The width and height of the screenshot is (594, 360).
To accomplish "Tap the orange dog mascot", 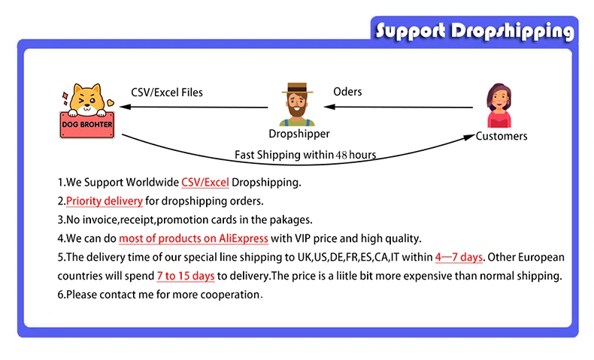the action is point(86,99).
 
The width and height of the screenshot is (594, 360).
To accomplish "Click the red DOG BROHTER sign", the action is point(87,125).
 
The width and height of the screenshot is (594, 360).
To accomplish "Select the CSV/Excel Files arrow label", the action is point(167,92).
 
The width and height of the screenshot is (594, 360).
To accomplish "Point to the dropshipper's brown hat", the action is point(298,89).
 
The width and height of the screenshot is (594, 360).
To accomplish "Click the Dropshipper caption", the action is point(299,134).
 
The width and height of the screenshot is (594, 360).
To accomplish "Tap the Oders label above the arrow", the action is point(347,92).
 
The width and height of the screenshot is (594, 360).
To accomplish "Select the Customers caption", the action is point(502,136).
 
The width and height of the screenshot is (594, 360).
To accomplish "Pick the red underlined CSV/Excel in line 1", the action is point(205,183).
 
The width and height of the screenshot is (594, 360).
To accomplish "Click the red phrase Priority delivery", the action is point(104,201).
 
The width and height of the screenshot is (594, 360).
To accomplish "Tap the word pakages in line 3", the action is point(290,220).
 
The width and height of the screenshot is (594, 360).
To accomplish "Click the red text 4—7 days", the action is point(459,258).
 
